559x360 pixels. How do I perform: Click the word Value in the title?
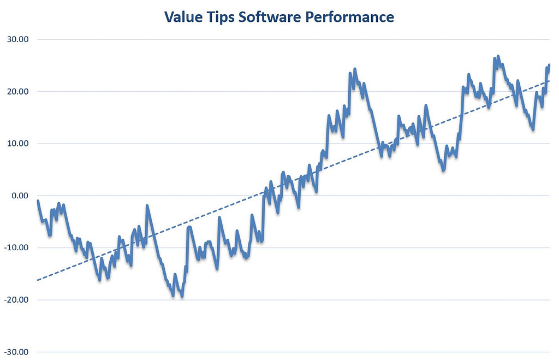click(184, 17)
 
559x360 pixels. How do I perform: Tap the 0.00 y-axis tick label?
click(19, 196)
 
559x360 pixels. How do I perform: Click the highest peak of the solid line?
click(498, 56)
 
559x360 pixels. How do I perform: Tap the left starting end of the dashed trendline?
click(37, 280)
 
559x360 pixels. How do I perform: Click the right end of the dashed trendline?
click(549, 81)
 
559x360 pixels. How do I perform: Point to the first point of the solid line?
click(38, 200)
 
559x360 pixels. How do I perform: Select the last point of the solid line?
click(549, 65)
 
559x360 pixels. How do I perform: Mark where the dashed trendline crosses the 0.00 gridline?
click(254, 196)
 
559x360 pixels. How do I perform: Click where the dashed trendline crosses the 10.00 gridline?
click(388, 144)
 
